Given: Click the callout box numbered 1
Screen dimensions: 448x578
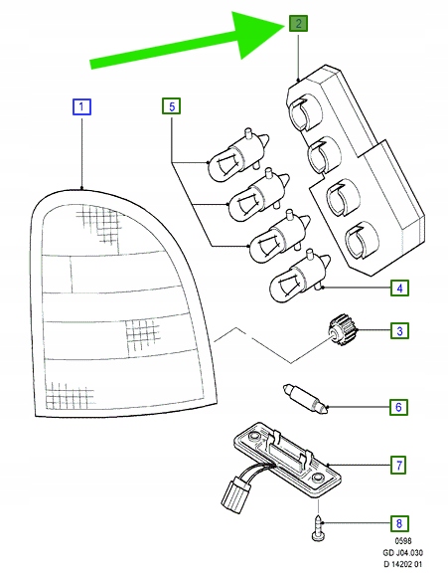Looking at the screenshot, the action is coord(81,106).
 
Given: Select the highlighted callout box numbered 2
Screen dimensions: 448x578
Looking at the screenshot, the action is coord(298,24).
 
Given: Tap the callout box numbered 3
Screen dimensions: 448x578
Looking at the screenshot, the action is coord(399,330).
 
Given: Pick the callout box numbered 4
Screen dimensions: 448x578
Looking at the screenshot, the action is coord(399,288).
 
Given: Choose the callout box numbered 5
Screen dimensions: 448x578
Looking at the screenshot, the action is coord(172,106).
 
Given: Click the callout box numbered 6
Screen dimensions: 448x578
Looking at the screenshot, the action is coord(399,407).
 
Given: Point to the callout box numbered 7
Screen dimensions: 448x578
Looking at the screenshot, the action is coord(399,466).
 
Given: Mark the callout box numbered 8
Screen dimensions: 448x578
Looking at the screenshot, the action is coord(399,523).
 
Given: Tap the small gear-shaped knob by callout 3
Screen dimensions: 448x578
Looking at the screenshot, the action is coord(343,330).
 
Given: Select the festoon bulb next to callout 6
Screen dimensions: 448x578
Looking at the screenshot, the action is coord(305,399).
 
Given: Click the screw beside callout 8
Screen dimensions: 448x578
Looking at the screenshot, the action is coord(318,528).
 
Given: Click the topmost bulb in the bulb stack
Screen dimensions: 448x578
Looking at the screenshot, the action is coord(238,154).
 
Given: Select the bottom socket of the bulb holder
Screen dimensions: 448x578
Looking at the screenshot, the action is coord(362,240).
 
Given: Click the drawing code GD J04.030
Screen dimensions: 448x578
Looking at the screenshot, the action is coord(402,552).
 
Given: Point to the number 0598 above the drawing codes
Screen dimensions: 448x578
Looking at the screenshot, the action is coord(403,541).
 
